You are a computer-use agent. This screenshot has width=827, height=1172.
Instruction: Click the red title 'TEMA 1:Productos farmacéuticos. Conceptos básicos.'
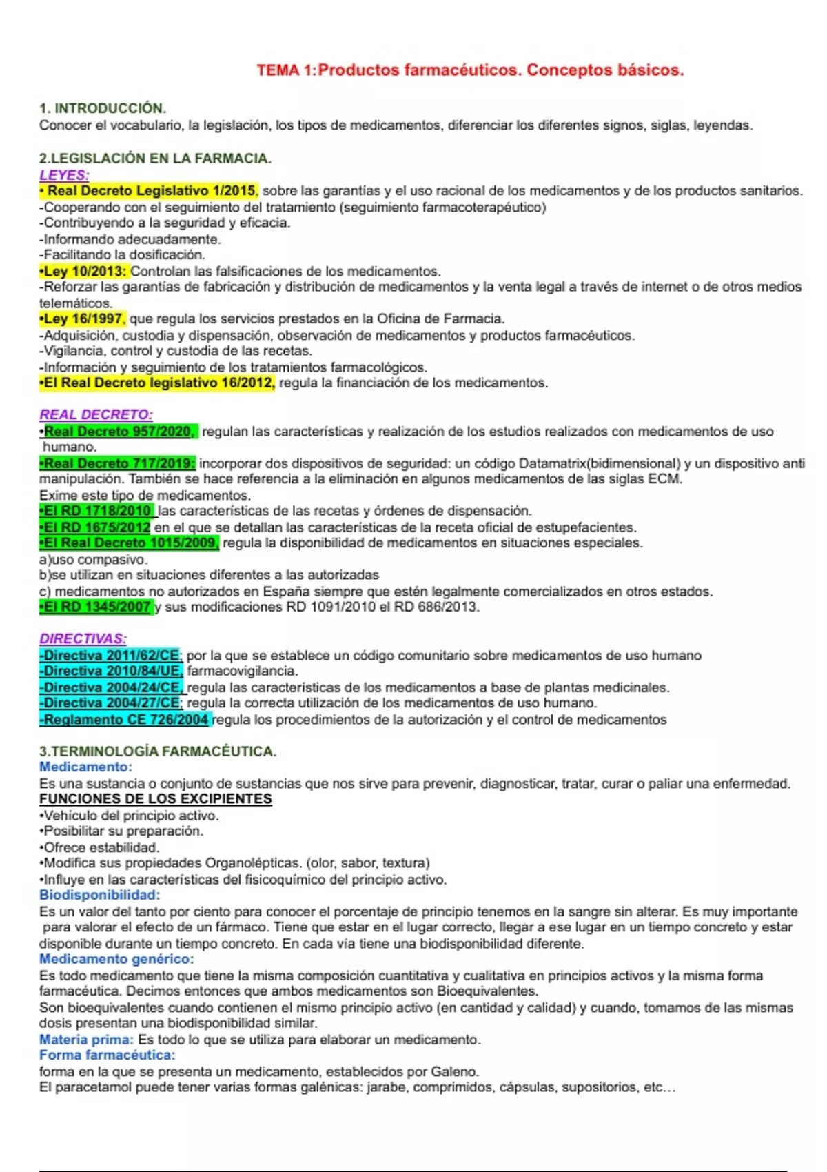tap(470, 70)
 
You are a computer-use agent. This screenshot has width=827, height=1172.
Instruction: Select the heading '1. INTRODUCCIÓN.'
tap(103, 108)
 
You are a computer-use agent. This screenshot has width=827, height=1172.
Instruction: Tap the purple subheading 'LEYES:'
tap(64, 175)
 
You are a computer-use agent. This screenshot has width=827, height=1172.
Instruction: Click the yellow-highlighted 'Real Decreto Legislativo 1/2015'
tap(151, 191)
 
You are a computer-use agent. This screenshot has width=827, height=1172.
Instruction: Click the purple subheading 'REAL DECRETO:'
tap(96, 415)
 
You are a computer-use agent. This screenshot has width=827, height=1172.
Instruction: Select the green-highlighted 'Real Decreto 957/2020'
tap(119, 432)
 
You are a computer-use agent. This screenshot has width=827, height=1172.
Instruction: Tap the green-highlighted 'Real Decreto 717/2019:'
tap(119, 463)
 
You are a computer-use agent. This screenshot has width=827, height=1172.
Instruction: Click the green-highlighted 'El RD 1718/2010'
tap(98, 511)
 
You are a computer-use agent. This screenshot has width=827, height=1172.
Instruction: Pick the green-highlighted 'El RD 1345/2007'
tap(97, 607)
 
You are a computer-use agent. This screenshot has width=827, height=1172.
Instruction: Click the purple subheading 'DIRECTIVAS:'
tap(83, 639)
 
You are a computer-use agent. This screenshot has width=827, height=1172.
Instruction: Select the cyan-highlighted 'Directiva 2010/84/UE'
tap(112, 671)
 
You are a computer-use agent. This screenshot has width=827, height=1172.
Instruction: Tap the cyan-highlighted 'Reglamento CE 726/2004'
tap(125, 720)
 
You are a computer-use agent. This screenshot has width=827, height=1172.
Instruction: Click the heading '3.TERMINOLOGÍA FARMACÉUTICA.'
tap(158, 751)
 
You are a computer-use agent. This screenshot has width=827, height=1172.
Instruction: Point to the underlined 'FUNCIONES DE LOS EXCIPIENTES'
tap(156, 799)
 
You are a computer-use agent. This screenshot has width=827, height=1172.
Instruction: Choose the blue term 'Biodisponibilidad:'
tap(99, 896)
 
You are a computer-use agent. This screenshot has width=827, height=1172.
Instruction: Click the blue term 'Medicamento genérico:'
tap(116, 959)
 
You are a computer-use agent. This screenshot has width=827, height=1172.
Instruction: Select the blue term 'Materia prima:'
tap(86, 1040)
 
